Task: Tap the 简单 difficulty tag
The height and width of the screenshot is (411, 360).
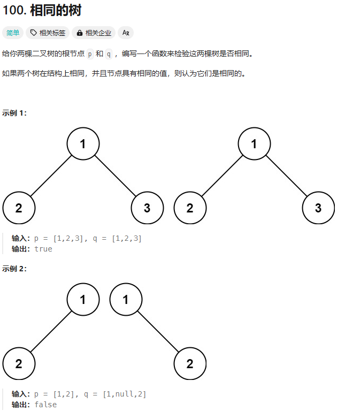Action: [x=13, y=33]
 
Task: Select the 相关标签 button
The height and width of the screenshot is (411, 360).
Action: [x=48, y=33]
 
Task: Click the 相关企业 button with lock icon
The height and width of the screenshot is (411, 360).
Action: [x=94, y=33]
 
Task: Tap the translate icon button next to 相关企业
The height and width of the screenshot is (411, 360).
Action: [x=126, y=33]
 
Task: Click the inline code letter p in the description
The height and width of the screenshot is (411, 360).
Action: [x=89, y=54]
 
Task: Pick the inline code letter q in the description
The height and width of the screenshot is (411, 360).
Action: [x=109, y=54]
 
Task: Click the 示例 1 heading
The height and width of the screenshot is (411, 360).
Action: [x=14, y=113]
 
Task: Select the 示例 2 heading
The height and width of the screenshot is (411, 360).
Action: [x=14, y=269]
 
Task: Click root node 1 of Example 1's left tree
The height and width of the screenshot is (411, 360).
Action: [x=83, y=144]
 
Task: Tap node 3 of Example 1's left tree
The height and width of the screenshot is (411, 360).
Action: [x=147, y=208]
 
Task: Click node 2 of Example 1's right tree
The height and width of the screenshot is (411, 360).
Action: [x=190, y=208]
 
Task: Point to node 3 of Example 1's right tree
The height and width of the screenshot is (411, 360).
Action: [x=318, y=208]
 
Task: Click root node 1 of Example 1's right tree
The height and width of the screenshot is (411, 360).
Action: [x=254, y=144]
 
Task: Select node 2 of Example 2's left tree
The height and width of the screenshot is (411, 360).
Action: [x=19, y=364]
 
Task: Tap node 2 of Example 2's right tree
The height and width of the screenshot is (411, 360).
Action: [x=190, y=364]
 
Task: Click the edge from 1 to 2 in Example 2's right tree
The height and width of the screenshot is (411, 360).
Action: [x=158, y=332]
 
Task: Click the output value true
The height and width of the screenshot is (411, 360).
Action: [x=43, y=249]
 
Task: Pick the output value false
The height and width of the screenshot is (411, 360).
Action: [x=45, y=405]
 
